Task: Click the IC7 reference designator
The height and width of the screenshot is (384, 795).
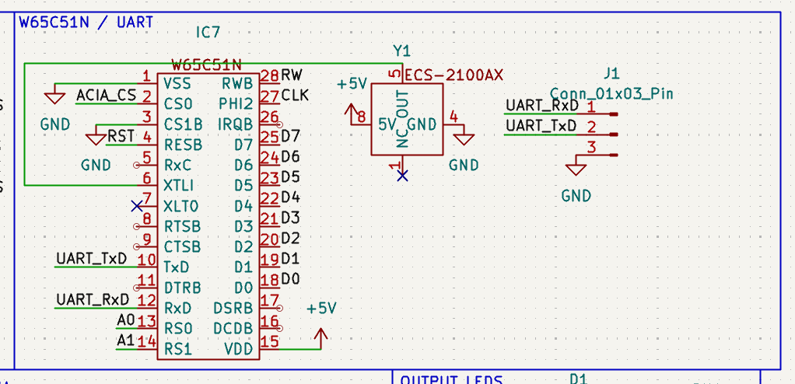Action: click(x=208, y=33)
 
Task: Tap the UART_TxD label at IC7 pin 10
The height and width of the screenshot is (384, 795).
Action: click(x=91, y=258)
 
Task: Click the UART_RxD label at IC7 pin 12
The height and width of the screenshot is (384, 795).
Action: click(x=93, y=299)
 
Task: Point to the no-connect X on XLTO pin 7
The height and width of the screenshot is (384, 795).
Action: click(x=137, y=205)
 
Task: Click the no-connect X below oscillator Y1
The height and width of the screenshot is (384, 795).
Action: click(x=401, y=176)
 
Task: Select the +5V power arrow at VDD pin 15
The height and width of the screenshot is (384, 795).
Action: click(x=320, y=336)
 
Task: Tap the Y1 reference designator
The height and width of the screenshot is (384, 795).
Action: click(x=401, y=51)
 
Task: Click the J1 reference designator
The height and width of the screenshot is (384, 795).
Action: click(x=611, y=74)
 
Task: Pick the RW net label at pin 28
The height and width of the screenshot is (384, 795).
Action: click(x=292, y=75)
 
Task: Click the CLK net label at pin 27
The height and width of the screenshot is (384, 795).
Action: click(x=295, y=96)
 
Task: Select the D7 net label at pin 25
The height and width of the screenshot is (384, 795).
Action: click(x=290, y=136)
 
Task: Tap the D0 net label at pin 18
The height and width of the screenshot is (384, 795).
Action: click(x=290, y=278)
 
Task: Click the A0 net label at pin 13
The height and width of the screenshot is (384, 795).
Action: click(x=125, y=319)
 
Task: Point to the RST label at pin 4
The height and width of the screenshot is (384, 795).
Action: click(x=121, y=136)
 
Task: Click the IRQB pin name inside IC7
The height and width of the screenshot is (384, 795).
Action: click(x=235, y=124)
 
